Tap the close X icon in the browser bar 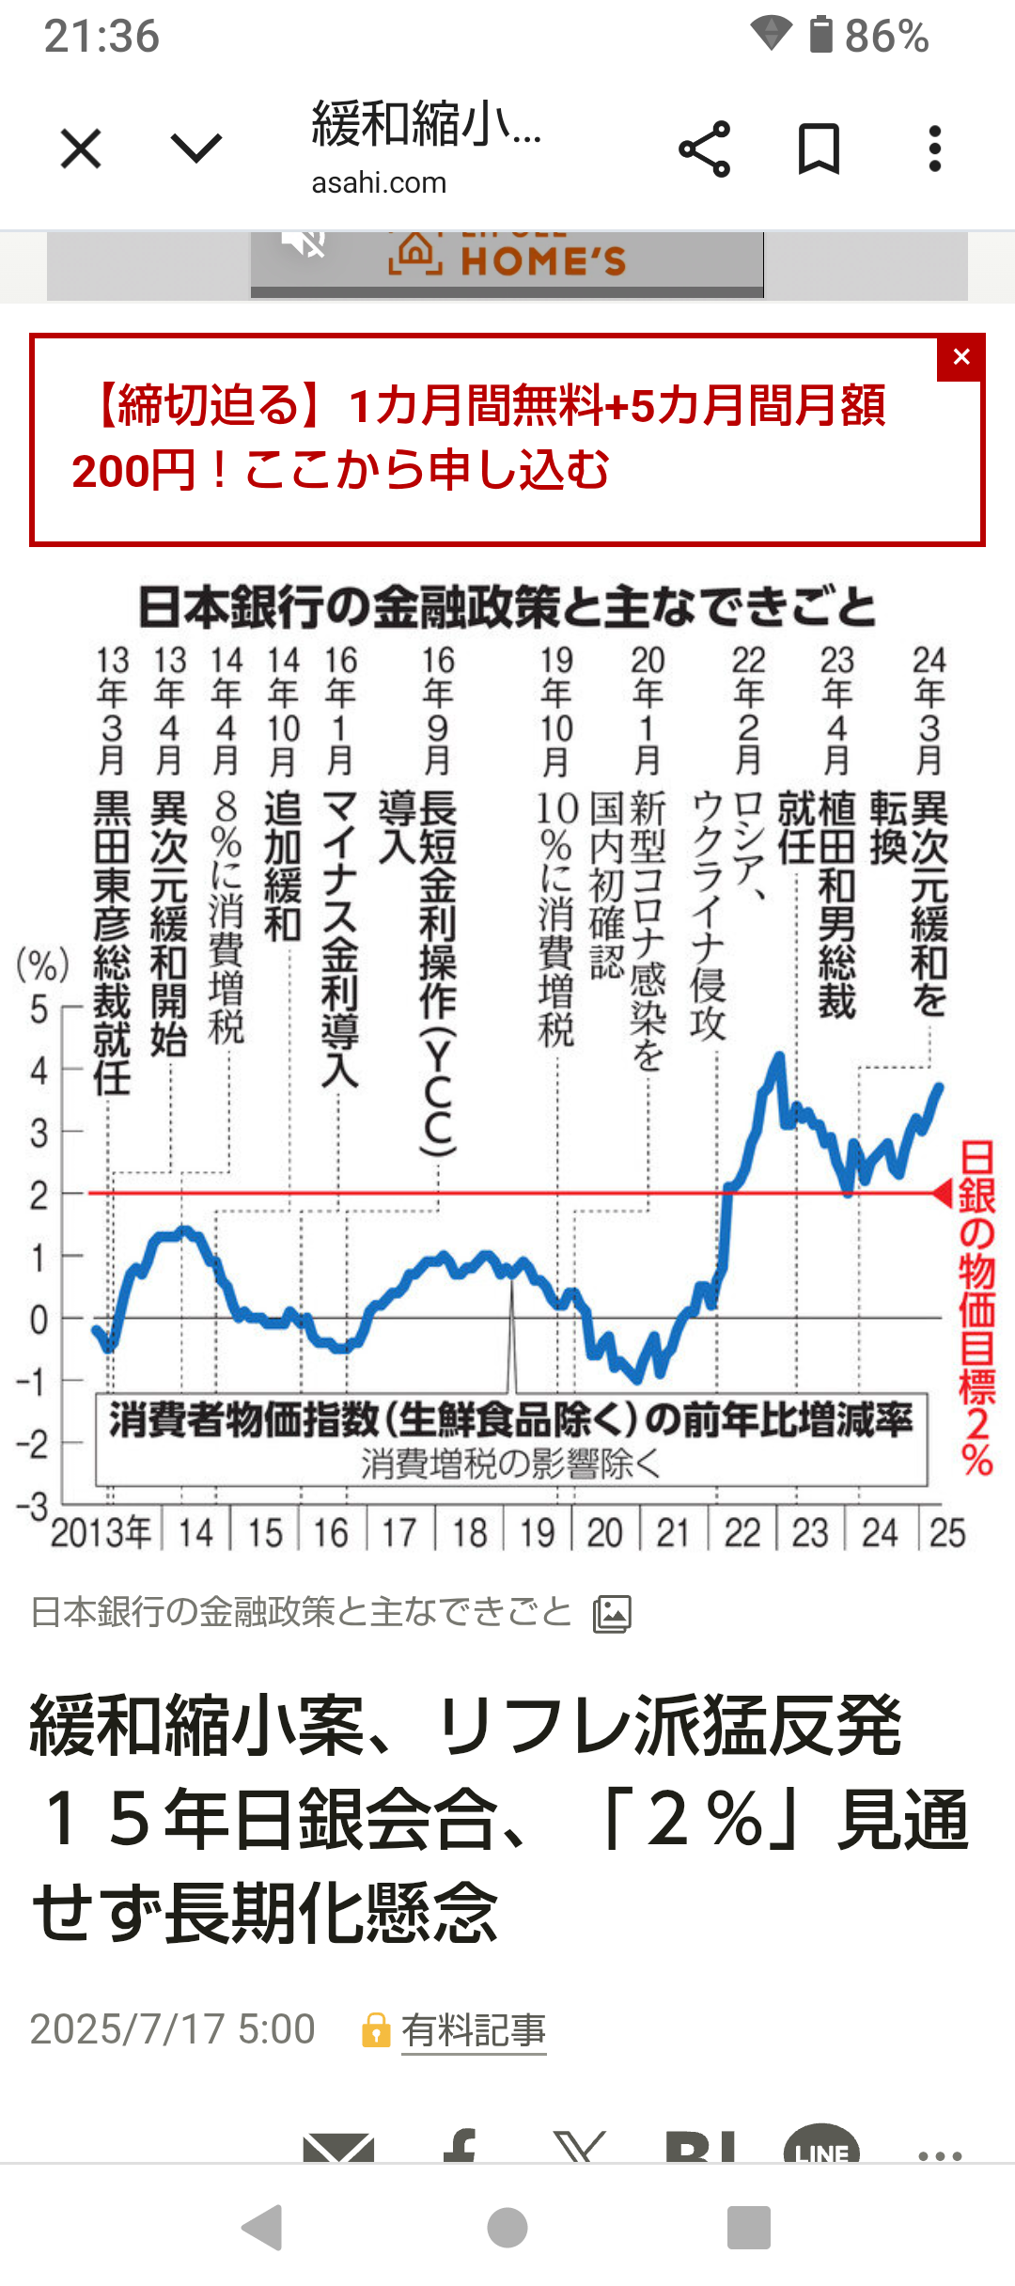(81, 149)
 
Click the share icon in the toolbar (704, 149)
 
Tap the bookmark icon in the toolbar (819, 149)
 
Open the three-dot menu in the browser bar (934, 149)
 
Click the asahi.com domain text (379, 182)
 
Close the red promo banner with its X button (960, 357)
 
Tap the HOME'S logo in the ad (507, 259)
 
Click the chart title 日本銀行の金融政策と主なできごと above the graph (507, 607)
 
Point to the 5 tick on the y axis (39, 1010)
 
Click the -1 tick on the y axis (32, 1382)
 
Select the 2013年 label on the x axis (101, 1533)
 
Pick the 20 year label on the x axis (605, 1533)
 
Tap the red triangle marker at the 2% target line (943, 1193)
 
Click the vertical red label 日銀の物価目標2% (977, 1307)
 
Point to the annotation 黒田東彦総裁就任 (112, 940)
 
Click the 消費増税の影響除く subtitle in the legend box (511, 1464)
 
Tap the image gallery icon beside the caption (612, 1614)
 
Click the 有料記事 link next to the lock (474, 2030)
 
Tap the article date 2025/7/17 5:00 (172, 2029)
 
